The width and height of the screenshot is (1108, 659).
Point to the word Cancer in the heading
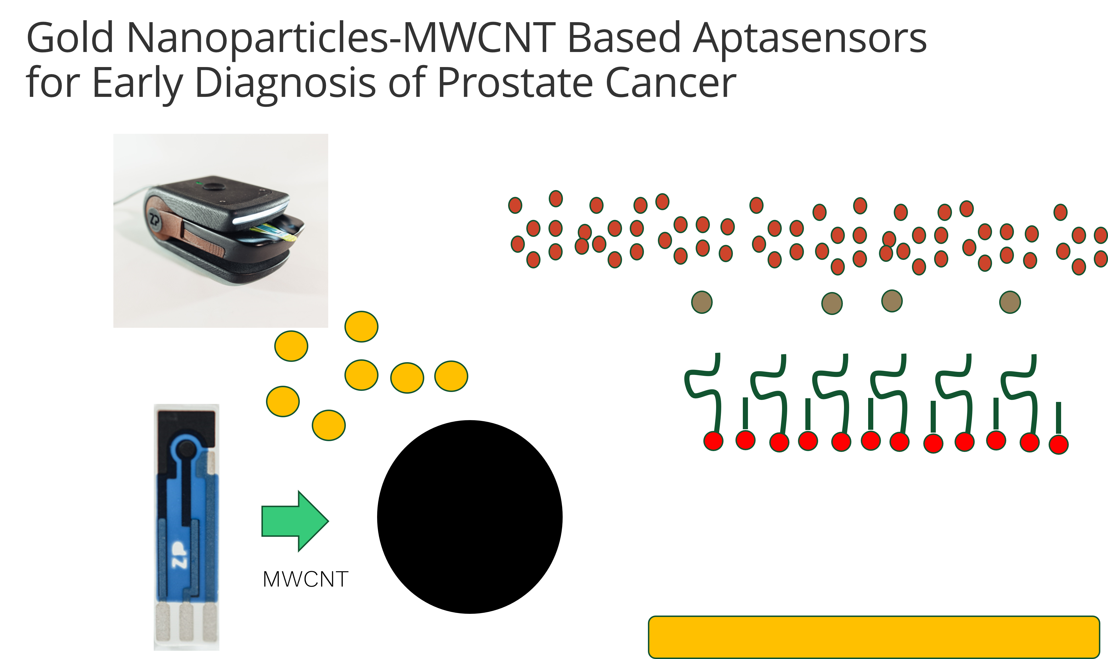(671, 83)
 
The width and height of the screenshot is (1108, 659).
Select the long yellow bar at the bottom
(874, 636)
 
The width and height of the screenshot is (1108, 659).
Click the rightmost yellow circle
(451, 376)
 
